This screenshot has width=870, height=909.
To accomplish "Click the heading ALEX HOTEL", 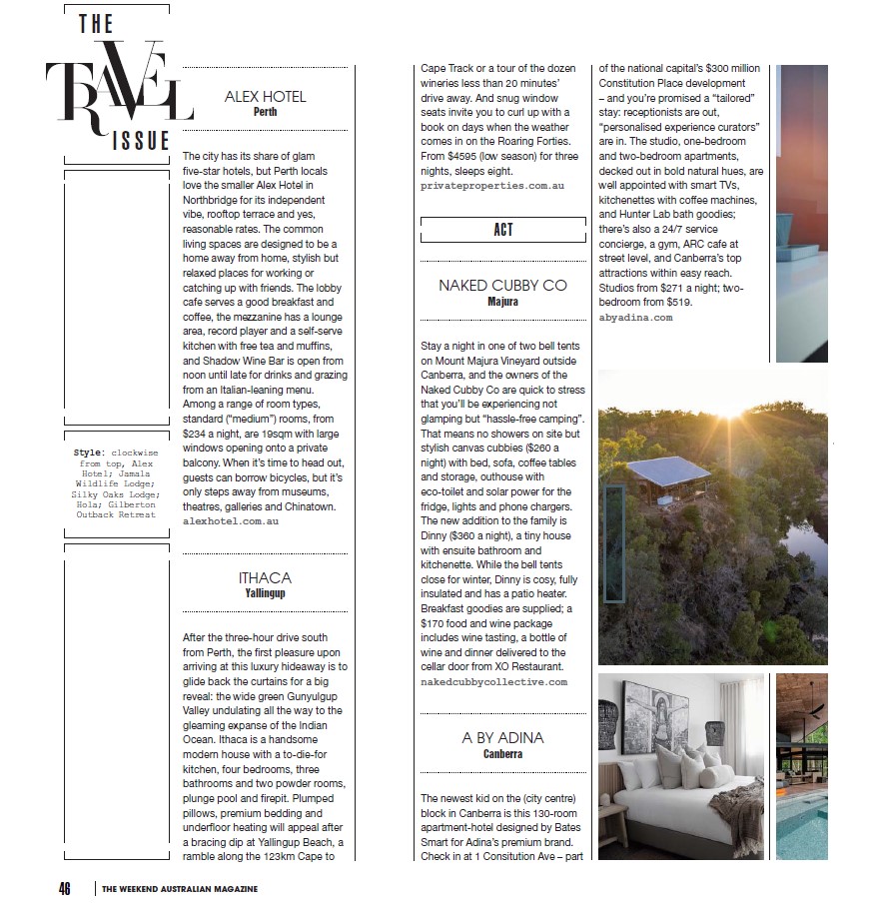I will pyautogui.click(x=265, y=96).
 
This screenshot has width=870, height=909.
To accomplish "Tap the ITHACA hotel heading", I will pyautogui.click(x=265, y=577).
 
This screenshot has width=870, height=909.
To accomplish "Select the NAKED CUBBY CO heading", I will pyautogui.click(x=502, y=285).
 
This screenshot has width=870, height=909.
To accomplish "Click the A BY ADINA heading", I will pyautogui.click(x=502, y=737).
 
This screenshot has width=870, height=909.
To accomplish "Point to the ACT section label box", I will pyautogui.click(x=502, y=230).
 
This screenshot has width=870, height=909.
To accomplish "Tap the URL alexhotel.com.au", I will pyautogui.click(x=231, y=520).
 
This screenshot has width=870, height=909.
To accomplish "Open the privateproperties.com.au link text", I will pyautogui.click(x=492, y=186).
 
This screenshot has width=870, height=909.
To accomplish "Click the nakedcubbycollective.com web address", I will pyautogui.click(x=493, y=681).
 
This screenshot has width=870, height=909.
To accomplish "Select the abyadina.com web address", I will pyautogui.click(x=635, y=317).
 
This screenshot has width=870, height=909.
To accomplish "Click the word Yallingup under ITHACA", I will pyautogui.click(x=265, y=593).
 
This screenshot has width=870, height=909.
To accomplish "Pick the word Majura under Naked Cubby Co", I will pyautogui.click(x=502, y=301).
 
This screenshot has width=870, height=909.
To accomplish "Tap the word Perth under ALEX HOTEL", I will pyautogui.click(x=265, y=112).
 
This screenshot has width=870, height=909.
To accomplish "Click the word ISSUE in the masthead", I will pyautogui.click(x=140, y=140).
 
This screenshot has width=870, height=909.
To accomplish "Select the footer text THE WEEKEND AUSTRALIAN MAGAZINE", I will pyautogui.click(x=180, y=889).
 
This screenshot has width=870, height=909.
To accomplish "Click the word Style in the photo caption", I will pyautogui.click(x=88, y=453).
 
